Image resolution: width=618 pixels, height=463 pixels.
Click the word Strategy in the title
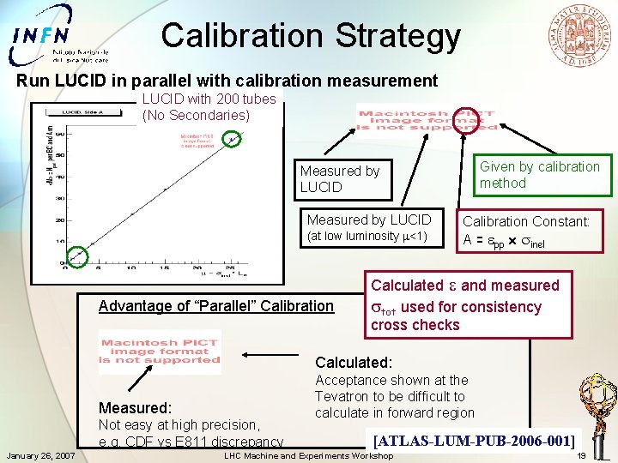pyautogui.click(x=398, y=35)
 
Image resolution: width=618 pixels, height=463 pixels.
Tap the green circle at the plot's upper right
pyautogui.click(x=232, y=137)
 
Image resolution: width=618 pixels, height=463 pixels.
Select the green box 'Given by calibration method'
pyautogui.click(x=539, y=175)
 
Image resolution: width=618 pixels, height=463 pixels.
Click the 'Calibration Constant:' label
pyautogui.click(x=526, y=221)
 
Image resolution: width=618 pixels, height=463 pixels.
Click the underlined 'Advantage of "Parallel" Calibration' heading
pyautogui.click(x=216, y=305)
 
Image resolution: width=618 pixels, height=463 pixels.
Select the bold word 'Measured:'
pyautogui.click(x=135, y=407)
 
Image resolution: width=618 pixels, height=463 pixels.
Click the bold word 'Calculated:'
pyautogui.click(x=354, y=362)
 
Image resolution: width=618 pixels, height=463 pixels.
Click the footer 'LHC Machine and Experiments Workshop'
pyautogui.click(x=308, y=455)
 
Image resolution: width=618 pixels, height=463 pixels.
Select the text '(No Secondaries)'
pyautogui.click(x=196, y=115)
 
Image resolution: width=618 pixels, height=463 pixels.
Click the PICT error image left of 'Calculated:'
pyautogui.click(x=160, y=352)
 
